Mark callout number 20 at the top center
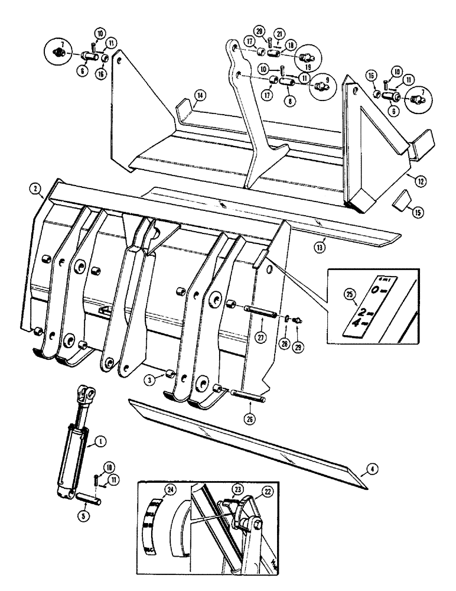point(260,31)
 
